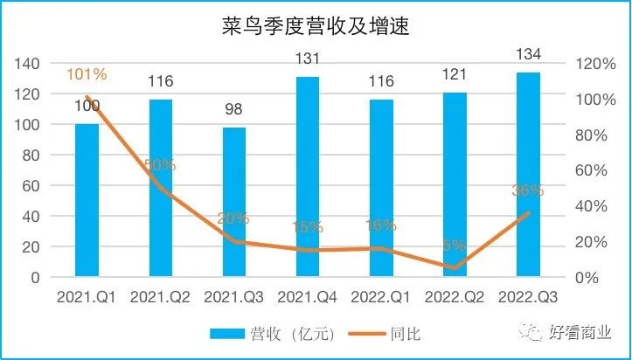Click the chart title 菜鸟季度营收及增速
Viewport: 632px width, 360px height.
click(316, 28)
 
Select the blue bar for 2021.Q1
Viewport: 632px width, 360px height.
click(87, 201)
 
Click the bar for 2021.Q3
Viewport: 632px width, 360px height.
click(234, 203)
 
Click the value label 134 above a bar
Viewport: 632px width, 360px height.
click(528, 54)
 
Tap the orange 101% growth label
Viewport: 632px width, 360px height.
click(87, 75)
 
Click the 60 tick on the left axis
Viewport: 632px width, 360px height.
click(32, 186)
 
